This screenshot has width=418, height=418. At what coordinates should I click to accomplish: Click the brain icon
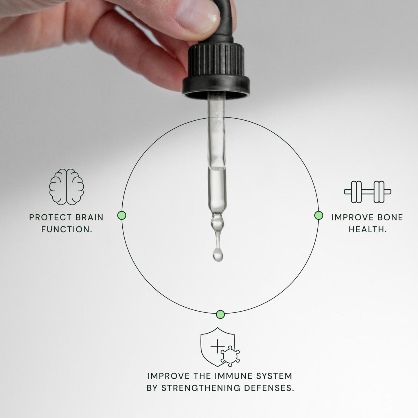(x=66, y=187)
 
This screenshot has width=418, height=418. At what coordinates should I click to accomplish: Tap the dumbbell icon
(x=367, y=192)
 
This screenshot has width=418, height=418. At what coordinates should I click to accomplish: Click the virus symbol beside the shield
(x=230, y=357)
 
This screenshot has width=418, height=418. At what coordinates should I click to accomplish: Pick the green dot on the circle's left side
(x=122, y=216)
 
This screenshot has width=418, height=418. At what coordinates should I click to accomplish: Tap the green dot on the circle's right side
(x=318, y=216)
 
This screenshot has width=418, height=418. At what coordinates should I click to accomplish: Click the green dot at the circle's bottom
(x=220, y=314)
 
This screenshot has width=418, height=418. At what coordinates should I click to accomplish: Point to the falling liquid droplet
(x=218, y=255)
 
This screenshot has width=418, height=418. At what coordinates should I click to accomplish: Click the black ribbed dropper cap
(x=216, y=69)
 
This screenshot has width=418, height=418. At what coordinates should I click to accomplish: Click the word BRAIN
(x=89, y=217)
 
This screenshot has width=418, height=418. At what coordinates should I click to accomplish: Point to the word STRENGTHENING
(x=201, y=388)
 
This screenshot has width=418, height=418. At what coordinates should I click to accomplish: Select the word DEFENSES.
(x=269, y=388)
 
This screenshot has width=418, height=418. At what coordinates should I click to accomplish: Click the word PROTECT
(x=51, y=217)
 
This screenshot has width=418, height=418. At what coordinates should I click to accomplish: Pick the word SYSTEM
(x=274, y=376)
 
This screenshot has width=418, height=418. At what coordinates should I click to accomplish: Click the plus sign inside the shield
(x=217, y=346)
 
